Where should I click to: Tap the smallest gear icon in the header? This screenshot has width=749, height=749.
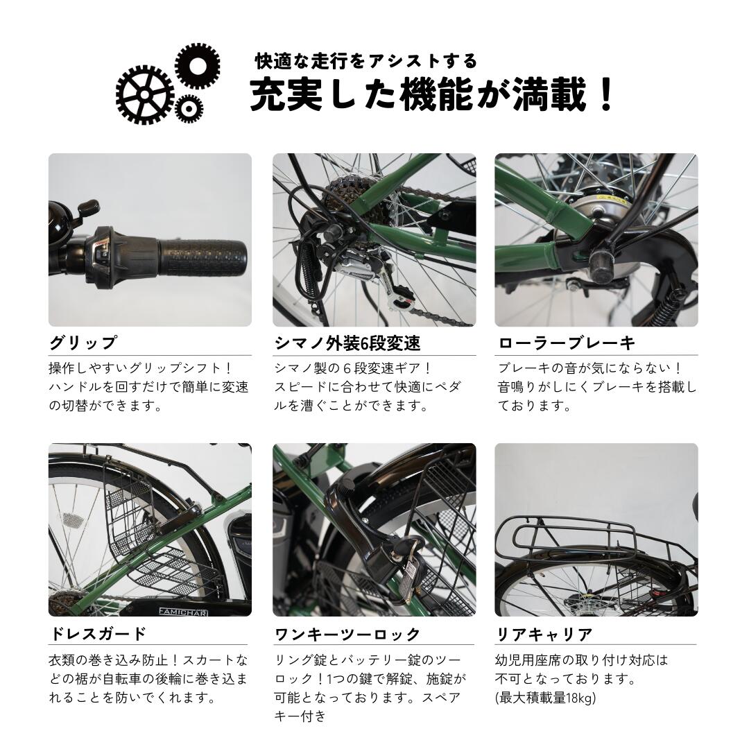pos(188,107)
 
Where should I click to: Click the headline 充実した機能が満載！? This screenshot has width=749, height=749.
pos(432,96)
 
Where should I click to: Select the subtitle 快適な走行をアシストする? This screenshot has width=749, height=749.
pos(366,61)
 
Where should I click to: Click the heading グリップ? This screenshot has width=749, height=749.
pos(83,343)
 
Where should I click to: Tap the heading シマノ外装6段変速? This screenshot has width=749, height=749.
pos(347,343)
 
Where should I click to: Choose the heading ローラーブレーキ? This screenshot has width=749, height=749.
pos(566,343)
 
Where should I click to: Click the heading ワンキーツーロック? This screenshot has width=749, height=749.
pos(347,633)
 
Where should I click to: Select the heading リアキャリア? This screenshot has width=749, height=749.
pos(544,633)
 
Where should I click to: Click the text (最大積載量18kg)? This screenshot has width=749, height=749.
pos(545,698)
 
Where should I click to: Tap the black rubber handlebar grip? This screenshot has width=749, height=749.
pos(201,259)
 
